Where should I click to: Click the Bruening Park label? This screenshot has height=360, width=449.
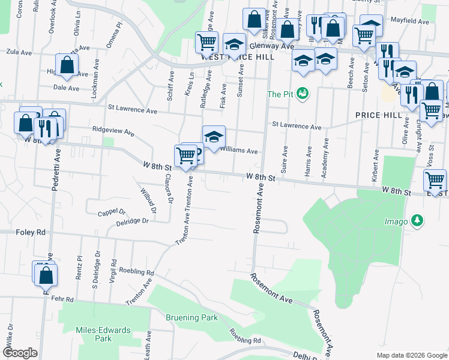[191, 317]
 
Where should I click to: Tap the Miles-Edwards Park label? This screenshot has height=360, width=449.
[94, 334]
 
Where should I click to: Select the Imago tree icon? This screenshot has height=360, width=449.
[417, 221]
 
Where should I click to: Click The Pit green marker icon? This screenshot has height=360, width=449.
[303, 94]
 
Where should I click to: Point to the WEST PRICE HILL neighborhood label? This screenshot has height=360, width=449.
[238, 57]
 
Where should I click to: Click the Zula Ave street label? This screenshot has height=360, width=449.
[19, 53]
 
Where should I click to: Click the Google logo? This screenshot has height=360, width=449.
[20, 353]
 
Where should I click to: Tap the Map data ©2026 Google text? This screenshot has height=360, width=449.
[411, 355]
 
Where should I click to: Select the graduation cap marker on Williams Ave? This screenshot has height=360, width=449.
[213, 137]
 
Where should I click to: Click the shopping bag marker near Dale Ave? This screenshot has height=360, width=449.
[67, 65]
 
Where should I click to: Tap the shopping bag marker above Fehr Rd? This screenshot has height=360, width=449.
[46, 275]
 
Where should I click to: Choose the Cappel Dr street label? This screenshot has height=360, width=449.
[112, 212]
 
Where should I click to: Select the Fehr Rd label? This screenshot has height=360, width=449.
[62, 298]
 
